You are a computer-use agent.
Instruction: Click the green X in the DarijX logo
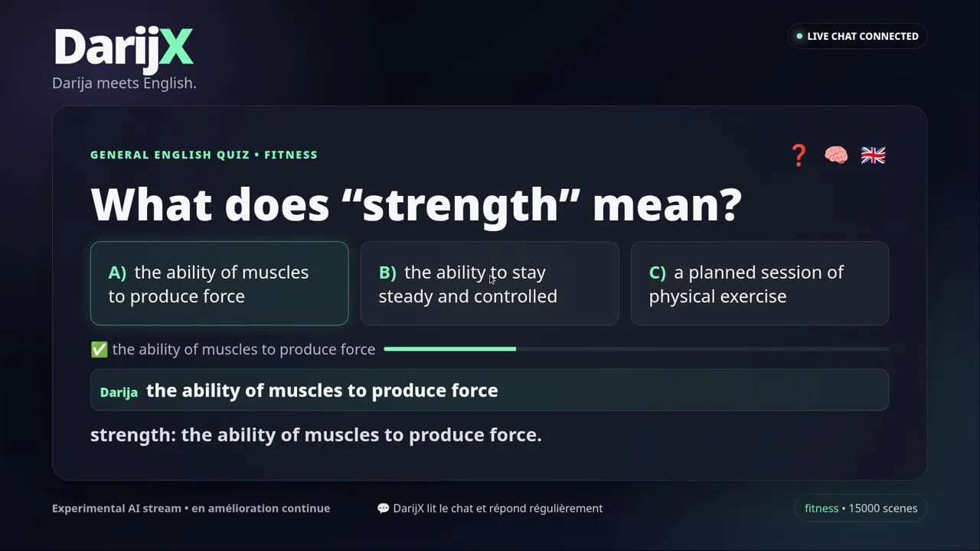[x=175, y=47]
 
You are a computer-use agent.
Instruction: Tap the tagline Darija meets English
[x=124, y=83]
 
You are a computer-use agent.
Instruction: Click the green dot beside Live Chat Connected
[x=799, y=36]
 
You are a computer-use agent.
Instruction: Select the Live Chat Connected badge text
[x=863, y=36]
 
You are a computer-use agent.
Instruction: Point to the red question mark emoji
[x=799, y=155]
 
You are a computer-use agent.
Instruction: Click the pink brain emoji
[x=836, y=155]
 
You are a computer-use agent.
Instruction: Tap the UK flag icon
[x=874, y=155]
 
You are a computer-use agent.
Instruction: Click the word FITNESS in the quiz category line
[x=291, y=155]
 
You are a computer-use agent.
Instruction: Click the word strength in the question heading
[x=461, y=204]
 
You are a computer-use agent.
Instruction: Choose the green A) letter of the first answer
[x=117, y=272]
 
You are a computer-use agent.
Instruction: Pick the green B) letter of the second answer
[x=387, y=272]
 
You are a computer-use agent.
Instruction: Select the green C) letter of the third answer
[x=658, y=272]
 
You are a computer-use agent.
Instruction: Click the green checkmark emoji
[x=99, y=350]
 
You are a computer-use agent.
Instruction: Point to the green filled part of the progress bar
[x=449, y=349]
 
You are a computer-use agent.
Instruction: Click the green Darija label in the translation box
[x=119, y=393]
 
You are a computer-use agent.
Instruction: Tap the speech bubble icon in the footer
[x=384, y=508]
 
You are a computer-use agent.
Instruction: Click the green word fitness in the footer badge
[x=822, y=508]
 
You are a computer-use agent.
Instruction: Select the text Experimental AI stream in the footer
[x=116, y=508]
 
